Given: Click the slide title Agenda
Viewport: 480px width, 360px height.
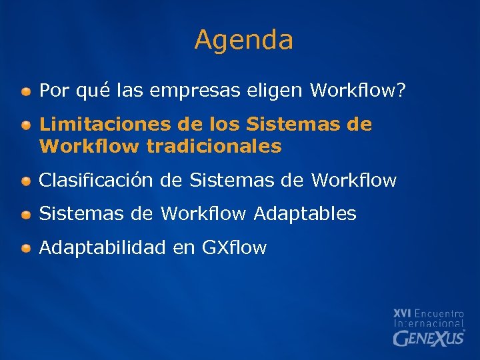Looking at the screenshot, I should tap(243, 40).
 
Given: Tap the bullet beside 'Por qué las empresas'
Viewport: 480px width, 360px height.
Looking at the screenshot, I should tap(25, 91).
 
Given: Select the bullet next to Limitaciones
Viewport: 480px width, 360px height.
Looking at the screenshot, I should tap(25, 125).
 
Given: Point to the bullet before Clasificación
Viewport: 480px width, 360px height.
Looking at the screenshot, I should tap(25, 181).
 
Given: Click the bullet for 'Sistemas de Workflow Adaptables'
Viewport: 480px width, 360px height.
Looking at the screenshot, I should tap(25, 215).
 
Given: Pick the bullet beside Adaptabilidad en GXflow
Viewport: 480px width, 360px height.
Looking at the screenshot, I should tap(25, 249).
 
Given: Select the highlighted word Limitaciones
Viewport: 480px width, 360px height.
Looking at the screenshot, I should tap(107, 124).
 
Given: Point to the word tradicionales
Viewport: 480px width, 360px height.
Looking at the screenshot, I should tap(214, 146).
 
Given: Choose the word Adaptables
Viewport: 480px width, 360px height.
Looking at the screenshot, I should tap(305, 214).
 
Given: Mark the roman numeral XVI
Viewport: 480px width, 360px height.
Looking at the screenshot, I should tap(402, 313).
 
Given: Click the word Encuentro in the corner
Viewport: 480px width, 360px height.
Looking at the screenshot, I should tap(439, 313).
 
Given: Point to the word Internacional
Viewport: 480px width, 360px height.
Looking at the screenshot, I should tap(429, 323).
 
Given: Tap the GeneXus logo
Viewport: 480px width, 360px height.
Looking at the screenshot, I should tap(429, 338).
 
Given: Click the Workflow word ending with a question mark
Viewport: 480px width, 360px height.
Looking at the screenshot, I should tap(357, 91).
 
